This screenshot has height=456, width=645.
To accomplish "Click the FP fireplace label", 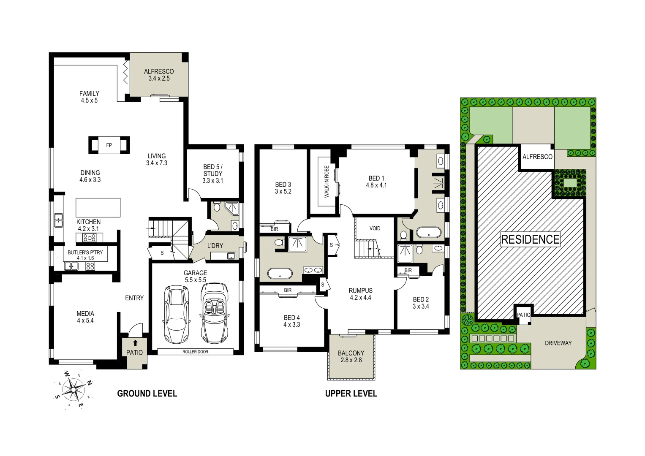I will coord(109,145).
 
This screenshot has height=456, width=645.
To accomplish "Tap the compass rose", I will coord(73,389).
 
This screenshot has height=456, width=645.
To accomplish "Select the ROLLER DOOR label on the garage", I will coord(195,352).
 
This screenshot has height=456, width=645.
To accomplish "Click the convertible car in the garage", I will coord(215,312).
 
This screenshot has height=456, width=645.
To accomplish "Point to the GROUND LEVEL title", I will coord(147,394).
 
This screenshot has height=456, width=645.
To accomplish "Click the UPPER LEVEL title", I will coord(351,394).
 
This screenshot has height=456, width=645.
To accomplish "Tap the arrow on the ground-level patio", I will coord(135,343).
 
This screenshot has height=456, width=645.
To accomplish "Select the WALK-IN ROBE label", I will coord(327,182).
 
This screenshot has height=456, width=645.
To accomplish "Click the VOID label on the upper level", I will coord(375,228).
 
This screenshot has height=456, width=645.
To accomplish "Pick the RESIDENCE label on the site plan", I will coord(530,239).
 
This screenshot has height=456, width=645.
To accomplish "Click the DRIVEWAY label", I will coord(558,343).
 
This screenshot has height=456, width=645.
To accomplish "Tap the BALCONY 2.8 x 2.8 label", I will coord(351,356).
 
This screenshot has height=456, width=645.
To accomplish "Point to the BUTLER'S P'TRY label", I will coord(85,255).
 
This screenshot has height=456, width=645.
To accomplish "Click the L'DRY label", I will coord(215,246).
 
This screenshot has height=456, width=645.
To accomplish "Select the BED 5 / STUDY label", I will coord(213,174).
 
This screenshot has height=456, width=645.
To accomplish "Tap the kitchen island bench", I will coord(98,207).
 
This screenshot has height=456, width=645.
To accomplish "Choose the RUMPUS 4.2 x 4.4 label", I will coord(360,294).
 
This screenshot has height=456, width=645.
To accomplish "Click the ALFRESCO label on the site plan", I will coord(537,157).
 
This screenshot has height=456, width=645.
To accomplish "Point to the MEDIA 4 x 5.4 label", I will coord(85,317).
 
